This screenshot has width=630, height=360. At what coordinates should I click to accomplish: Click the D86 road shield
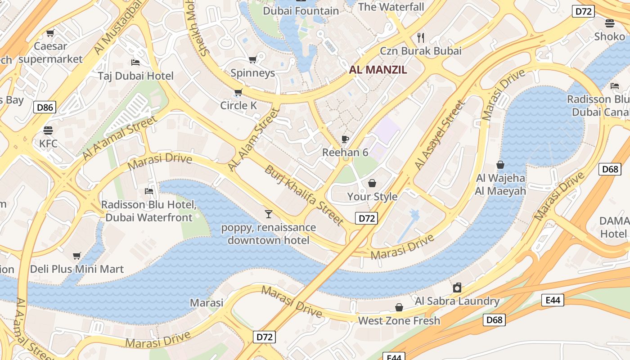[x=45, y=107]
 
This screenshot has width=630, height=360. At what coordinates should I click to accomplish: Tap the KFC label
[x=48, y=144]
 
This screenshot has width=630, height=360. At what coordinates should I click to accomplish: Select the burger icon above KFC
[x=48, y=130]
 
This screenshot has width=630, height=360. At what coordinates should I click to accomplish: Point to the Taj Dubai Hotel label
[x=135, y=76]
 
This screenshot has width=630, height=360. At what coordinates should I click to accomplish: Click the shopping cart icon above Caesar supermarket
[x=50, y=33]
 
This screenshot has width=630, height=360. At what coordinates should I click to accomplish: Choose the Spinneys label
[x=252, y=73]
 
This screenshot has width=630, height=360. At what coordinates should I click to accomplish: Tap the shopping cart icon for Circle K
[x=238, y=93]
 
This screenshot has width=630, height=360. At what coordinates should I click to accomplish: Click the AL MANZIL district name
[x=378, y=70]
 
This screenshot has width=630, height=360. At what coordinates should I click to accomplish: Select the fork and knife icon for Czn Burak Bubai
[x=421, y=37]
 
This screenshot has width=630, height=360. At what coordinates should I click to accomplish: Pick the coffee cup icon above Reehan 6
[x=345, y=139]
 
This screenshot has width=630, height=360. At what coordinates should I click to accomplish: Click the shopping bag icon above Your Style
[x=372, y=183]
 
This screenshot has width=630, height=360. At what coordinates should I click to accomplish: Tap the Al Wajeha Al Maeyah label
[x=500, y=184]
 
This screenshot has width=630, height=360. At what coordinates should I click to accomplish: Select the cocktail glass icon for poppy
[x=269, y=214]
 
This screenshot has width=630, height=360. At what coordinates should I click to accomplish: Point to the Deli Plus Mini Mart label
[x=77, y=269]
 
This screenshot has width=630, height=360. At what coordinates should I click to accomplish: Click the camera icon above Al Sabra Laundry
[x=457, y=288]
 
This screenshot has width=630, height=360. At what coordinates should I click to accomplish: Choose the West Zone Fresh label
[x=399, y=321]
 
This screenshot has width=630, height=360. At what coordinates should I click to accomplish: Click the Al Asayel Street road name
[x=439, y=135]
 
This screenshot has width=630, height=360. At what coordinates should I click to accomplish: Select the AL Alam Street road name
[x=254, y=139]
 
